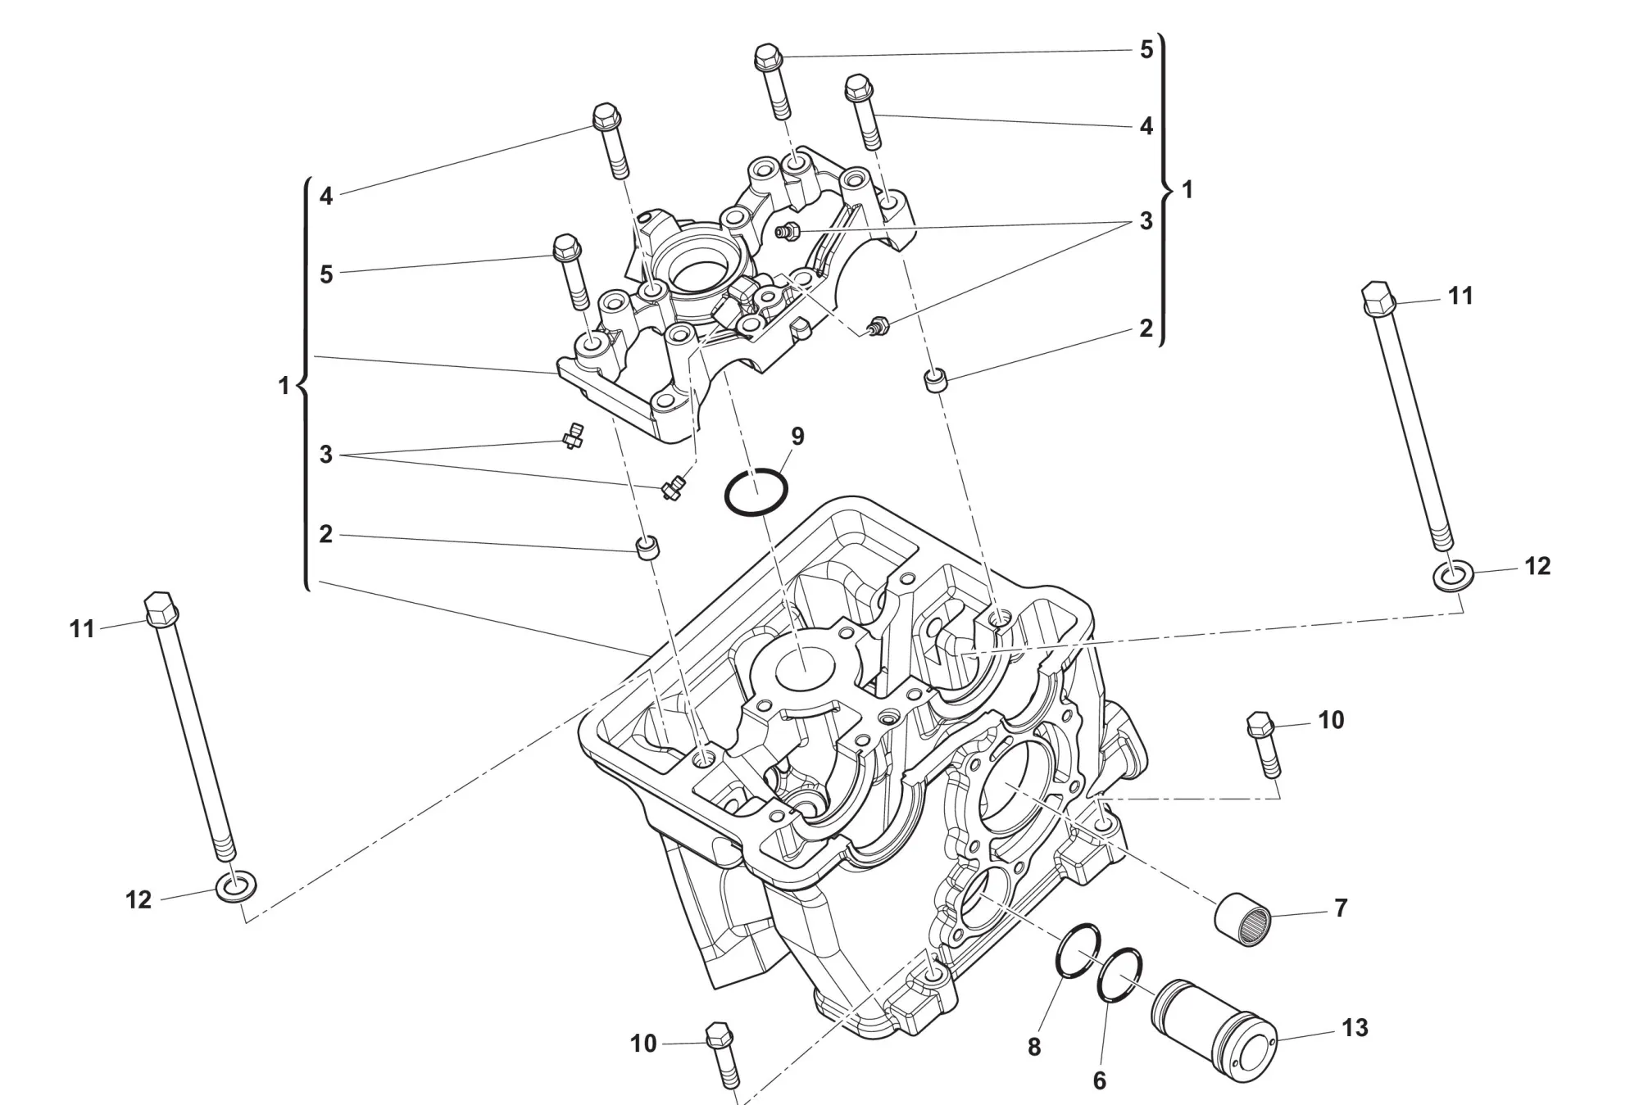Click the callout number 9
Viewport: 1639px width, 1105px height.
(797, 436)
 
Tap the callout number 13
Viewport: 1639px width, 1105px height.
(1355, 1027)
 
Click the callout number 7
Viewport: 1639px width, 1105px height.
(1341, 908)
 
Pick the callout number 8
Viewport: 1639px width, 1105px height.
(1034, 1047)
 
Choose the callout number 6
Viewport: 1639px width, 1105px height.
(1100, 1080)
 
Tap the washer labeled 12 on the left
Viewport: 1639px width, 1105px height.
(235, 885)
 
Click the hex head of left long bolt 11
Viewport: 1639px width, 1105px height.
(161, 608)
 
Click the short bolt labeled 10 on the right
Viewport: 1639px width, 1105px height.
(1264, 745)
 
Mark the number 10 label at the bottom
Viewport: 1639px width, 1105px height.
(643, 1044)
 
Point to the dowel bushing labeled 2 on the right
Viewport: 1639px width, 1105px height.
(935, 381)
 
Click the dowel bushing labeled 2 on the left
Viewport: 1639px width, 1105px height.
(648, 547)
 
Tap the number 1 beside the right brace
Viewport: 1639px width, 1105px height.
(1187, 190)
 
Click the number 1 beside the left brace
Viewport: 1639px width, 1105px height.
(284, 385)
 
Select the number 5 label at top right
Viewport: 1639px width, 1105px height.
(1146, 50)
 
